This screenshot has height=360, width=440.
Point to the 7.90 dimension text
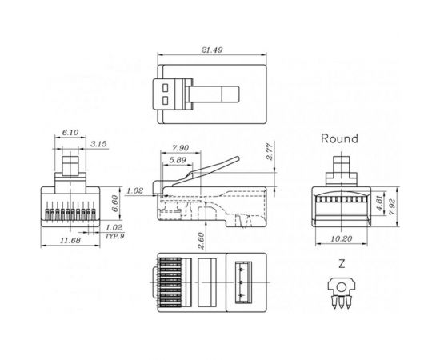[x=180, y=147]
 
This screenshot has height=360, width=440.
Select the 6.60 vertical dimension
[x=114, y=202]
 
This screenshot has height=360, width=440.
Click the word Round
[x=339, y=138]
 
